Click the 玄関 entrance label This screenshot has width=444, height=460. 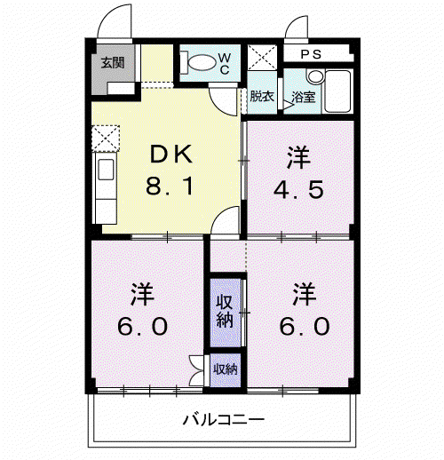tap(113, 63)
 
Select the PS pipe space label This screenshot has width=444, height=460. tap(311, 54)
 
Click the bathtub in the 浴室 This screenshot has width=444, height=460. tap(337, 91)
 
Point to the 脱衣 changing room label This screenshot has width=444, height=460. tap(262, 96)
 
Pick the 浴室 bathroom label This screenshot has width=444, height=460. tap(304, 97)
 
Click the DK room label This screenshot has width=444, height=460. tap(171, 154)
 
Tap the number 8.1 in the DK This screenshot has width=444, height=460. tap(170, 186)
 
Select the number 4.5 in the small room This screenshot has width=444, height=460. tap(298, 189)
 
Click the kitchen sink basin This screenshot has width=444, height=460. tap(106, 170)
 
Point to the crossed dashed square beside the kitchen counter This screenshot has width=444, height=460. tap(106, 139)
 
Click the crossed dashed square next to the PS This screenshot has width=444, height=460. tap(262, 57)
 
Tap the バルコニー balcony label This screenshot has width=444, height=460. tap(224, 419)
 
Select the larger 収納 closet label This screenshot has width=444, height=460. tap(225, 311)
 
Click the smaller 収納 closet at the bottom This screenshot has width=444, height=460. tap(226, 369)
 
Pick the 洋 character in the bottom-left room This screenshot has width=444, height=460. tap(142, 294)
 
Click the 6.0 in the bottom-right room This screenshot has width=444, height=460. tap(305, 326)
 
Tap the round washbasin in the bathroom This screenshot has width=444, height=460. tap(315, 76)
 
